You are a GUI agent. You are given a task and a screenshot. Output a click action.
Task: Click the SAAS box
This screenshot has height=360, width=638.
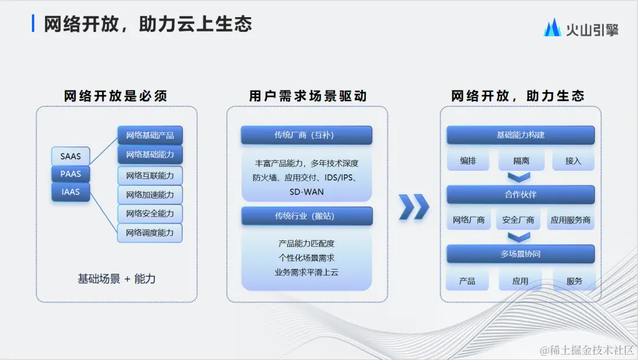[x=70, y=156]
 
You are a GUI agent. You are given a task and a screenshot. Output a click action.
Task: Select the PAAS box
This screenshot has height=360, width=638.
[x=70, y=174]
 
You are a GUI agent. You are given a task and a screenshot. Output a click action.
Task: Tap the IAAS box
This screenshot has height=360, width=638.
[x=70, y=192]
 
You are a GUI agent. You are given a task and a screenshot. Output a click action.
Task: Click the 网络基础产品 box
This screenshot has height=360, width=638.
[x=150, y=135]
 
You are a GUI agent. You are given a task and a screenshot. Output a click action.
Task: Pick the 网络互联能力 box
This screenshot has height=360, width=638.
[x=150, y=176]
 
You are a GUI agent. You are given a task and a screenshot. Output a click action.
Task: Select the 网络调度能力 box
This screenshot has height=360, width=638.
[x=150, y=233]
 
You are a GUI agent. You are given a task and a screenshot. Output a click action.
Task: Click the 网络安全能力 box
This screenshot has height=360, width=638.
[x=150, y=213]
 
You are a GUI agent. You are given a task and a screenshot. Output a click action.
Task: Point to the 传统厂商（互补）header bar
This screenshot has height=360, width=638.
[x=306, y=135]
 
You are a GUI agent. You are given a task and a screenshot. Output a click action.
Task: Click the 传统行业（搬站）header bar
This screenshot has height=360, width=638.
[x=306, y=216]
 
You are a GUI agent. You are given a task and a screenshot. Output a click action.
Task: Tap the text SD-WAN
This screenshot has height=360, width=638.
[x=306, y=192]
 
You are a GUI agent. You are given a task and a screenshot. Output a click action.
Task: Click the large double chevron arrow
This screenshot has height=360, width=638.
[x=414, y=206]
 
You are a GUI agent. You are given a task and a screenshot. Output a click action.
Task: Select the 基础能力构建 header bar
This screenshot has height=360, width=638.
[x=520, y=135]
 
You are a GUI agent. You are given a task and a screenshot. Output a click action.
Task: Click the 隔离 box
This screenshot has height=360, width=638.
[x=520, y=161]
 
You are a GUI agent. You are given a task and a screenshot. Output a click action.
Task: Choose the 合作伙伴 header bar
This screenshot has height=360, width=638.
[x=520, y=194]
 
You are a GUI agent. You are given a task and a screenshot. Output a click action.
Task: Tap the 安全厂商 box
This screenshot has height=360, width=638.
[x=518, y=220]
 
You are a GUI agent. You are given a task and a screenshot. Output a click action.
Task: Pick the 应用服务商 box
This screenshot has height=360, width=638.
[x=570, y=220]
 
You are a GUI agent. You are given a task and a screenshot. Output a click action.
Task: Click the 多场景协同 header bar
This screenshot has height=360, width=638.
[x=520, y=254]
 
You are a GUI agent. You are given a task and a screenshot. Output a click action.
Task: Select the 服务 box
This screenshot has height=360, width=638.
[x=574, y=281]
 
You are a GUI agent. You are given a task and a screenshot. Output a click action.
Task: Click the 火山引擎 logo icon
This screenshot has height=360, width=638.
[x=552, y=28]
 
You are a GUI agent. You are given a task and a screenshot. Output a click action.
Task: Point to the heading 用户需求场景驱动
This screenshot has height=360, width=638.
[x=307, y=96]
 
